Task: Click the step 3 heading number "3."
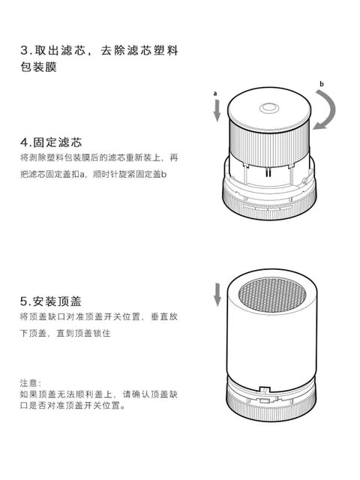26,50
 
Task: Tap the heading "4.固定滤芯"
51,142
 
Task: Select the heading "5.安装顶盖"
51,301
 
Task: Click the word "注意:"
31,383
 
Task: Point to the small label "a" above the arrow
215,93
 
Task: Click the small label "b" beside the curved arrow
322,83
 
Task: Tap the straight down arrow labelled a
217,111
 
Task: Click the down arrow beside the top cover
217,295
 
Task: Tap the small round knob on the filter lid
269,108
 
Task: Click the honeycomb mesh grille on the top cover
271,294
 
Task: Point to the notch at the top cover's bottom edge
265,389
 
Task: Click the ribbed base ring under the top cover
271,408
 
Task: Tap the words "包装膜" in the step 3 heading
38,67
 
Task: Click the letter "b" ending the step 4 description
164,175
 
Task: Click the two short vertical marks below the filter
268,173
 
